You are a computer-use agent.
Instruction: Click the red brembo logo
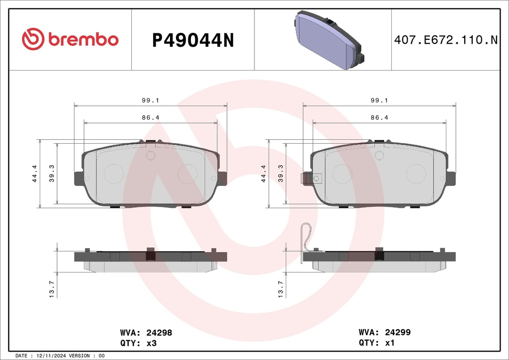[70, 39]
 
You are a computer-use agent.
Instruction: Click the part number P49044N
[193, 40]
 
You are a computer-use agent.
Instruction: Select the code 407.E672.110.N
[446, 40]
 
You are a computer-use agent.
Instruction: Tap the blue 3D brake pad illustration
[329, 40]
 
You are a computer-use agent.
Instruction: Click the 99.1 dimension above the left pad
[150, 100]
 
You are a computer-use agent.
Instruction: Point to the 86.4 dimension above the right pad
[379, 117]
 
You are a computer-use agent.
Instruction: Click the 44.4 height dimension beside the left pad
[34, 174]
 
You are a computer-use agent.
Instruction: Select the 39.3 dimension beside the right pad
[280, 174]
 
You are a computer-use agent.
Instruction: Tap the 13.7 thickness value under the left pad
[52, 289]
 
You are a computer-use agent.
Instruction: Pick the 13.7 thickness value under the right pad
[280, 289]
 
